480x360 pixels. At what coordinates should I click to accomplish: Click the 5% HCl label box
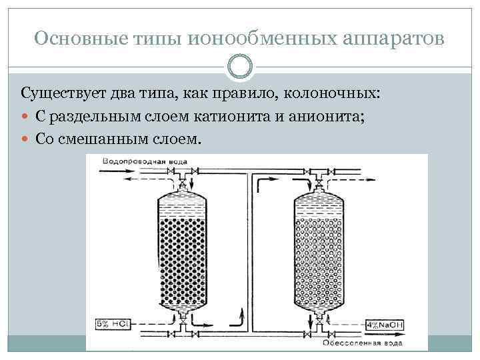click(x=112, y=324)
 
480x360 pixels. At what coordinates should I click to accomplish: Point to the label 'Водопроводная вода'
click(x=140, y=162)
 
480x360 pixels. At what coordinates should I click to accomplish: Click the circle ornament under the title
click(x=239, y=67)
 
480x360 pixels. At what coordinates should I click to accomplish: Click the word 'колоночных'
click(x=337, y=92)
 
